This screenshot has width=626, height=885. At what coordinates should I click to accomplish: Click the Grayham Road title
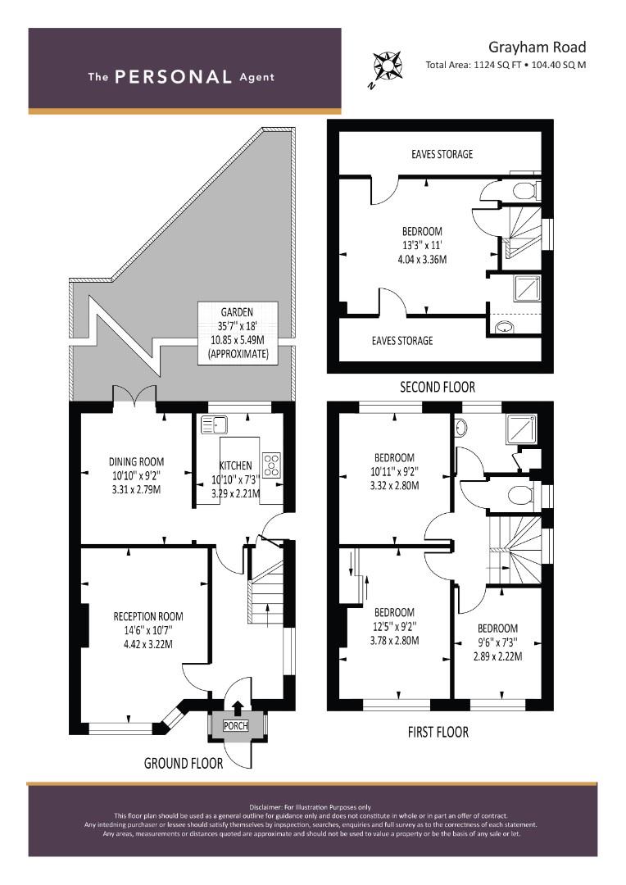(537, 48)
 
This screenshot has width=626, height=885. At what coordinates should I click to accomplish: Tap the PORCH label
(235, 725)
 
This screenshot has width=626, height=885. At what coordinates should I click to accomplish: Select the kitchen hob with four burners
(271, 465)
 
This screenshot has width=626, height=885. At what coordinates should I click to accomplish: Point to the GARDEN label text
(237, 312)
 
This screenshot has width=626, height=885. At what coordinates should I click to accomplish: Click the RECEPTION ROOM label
(148, 616)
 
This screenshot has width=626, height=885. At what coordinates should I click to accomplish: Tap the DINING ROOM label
(137, 461)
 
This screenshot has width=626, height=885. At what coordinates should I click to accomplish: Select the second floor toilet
(525, 190)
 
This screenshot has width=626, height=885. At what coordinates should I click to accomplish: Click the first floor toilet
(523, 496)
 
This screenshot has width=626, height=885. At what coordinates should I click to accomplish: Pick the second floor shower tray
(527, 288)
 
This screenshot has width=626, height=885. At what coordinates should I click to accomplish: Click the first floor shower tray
(522, 427)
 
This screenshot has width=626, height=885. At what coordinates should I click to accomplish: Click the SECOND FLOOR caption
(438, 387)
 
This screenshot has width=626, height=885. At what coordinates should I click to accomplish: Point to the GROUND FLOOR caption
(184, 764)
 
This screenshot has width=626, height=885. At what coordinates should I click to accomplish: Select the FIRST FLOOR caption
(438, 733)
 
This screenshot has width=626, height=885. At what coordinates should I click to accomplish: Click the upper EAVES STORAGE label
(442, 154)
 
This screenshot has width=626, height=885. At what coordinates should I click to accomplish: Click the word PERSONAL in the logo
(173, 77)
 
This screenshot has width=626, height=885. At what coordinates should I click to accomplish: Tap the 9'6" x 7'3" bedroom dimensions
(497, 642)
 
